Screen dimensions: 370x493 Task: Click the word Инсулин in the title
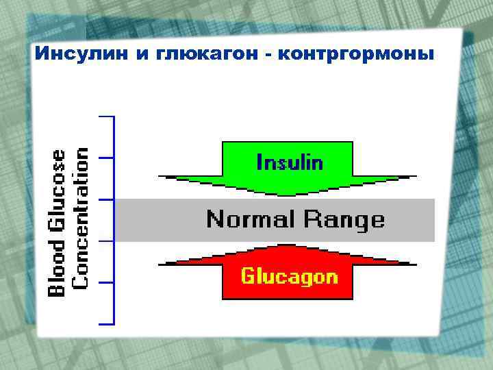pyautogui.click(x=80, y=53)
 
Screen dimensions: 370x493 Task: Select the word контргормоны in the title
pyautogui.click(x=356, y=53)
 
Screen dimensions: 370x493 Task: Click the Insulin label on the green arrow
pyautogui.click(x=290, y=162)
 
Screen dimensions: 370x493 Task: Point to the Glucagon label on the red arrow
pyautogui.click(x=289, y=276)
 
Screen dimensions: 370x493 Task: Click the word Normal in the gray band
pyautogui.click(x=251, y=219)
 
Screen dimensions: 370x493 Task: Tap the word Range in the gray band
pyautogui.click(x=344, y=219)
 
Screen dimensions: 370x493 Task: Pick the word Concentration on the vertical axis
pyautogui.click(x=81, y=217)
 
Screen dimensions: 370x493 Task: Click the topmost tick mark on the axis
pyautogui.click(x=106, y=116)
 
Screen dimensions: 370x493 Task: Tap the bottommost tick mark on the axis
pyautogui.click(x=106, y=323)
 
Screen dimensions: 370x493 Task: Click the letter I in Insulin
pyautogui.click(x=259, y=162)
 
